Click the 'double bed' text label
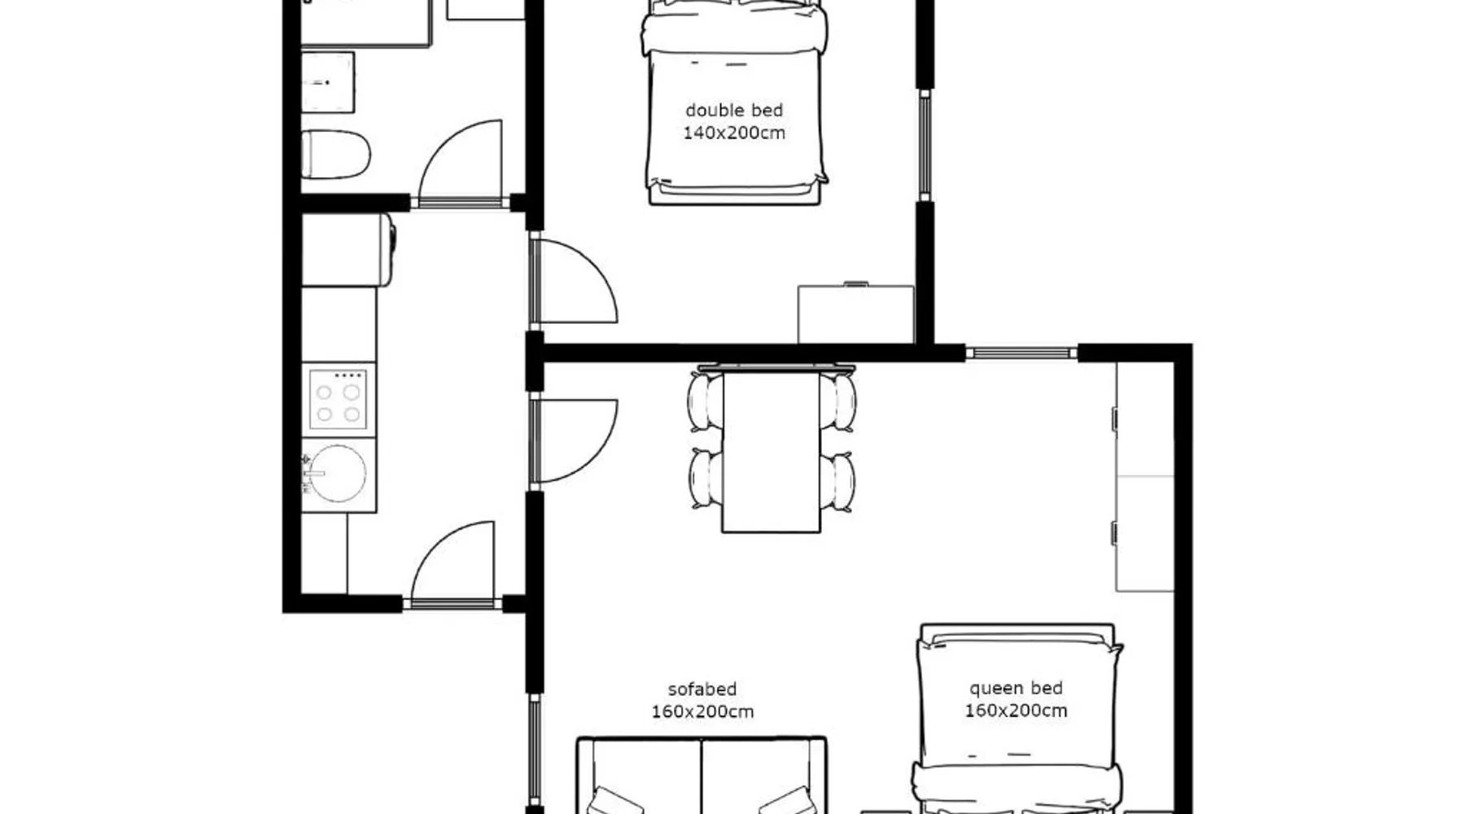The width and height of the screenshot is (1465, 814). tap(734, 110)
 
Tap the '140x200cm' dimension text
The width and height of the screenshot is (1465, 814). tap(734, 133)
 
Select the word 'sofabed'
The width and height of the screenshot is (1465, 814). tap(702, 689)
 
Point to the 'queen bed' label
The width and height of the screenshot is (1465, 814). tap(1016, 689)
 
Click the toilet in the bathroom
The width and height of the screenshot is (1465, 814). tap(336, 155)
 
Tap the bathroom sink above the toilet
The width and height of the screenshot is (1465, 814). tap(328, 82)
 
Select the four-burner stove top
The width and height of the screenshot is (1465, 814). tap(338, 399)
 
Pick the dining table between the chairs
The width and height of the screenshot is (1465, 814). tap(771, 450)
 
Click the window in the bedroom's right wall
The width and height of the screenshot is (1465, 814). tap(925, 144)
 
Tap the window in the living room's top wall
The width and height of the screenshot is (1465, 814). tap(1021, 353)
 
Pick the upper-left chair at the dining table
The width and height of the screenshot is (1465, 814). tap(705, 400)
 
